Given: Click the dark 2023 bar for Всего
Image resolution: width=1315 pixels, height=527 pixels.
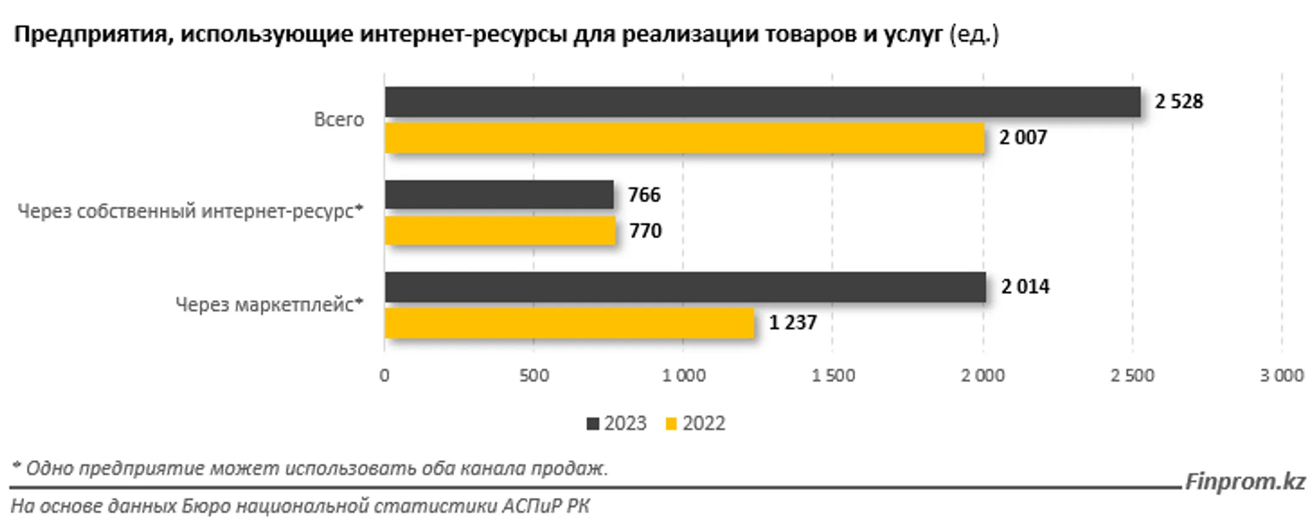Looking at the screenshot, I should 762,102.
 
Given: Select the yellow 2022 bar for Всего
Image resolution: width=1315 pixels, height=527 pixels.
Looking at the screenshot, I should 684,138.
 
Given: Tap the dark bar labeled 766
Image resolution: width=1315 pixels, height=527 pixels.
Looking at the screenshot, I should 499,195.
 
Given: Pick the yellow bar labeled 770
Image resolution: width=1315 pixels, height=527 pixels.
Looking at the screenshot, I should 500,231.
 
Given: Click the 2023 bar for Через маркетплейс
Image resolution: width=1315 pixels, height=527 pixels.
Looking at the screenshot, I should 685,287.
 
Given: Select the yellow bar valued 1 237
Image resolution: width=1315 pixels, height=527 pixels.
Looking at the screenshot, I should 569,323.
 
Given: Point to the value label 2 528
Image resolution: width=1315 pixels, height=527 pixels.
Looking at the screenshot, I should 1179,102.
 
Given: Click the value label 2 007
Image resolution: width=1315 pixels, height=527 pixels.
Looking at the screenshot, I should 1023,138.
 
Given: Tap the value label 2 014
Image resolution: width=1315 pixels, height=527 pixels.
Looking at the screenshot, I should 1025,287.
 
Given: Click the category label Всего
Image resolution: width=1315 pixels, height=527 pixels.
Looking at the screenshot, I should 338,120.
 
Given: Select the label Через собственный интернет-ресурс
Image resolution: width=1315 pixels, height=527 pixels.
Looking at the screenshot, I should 190,212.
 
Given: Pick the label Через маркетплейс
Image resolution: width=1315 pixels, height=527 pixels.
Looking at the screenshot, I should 269,304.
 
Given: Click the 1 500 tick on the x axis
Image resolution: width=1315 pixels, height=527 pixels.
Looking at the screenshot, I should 833,375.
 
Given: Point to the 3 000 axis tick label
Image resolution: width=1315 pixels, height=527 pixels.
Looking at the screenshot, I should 1282,375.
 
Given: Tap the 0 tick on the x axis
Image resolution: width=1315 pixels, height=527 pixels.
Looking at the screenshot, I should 384,375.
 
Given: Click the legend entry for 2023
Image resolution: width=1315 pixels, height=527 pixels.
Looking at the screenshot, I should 617,424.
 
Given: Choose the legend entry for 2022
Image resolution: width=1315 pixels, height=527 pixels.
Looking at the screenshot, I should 696,424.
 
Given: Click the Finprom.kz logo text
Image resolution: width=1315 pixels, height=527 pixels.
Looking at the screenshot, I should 1245,481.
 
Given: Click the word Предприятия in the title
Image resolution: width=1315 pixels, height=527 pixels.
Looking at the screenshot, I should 90,35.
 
